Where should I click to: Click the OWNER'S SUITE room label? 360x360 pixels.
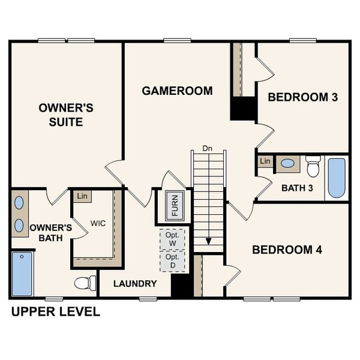point(66,115)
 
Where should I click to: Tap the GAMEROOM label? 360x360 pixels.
point(177,91)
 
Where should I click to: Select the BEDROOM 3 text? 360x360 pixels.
point(302,97)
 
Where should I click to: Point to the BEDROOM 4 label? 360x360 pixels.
point(287,250)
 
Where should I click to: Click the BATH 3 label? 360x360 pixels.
point(298,188)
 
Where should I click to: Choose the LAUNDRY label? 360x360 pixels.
point(136,284)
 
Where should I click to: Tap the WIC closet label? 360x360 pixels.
point(98,223)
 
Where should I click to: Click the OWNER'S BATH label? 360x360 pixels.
point(51,233)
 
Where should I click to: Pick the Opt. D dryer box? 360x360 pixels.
point(173,260)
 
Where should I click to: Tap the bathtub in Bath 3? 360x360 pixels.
point(337,178)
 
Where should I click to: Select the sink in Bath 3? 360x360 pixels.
point(288,163)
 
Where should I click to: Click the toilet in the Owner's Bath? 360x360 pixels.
point(85,283)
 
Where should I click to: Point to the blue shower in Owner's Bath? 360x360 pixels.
point(22,274)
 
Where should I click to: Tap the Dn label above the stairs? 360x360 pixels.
point(208,148)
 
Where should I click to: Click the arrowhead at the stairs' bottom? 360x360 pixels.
point(208,241)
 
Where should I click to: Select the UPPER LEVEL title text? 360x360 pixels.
point(55,312)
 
